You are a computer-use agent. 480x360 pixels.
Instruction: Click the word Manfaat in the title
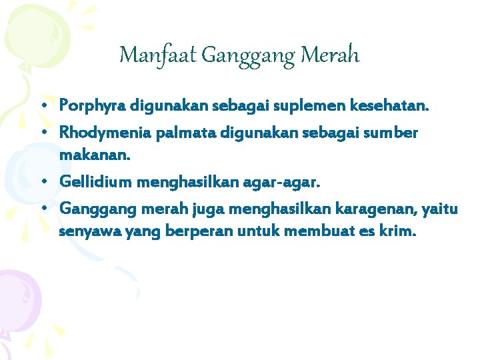tap(157, 55)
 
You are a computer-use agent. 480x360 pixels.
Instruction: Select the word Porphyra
tap(93, 106)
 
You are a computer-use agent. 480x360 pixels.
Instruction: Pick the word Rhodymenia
tap(105, 133)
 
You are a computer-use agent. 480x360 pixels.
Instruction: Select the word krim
tap(397, 233)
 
